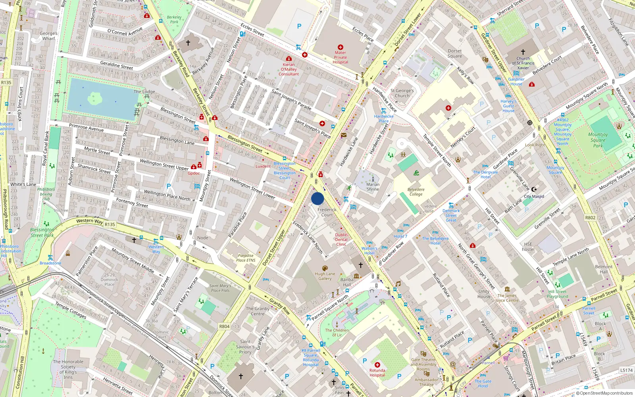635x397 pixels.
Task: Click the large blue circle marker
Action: (317, 198)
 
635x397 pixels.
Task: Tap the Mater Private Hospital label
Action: (340, 57)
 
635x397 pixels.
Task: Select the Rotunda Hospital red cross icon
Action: (377, 364)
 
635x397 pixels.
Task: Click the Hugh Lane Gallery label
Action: (325, 276)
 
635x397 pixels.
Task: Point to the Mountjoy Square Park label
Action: (598, 140)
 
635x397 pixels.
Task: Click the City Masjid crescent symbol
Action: (534, 189)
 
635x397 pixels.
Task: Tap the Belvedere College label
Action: (416, 192)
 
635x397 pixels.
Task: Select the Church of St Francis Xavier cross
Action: (523, 52)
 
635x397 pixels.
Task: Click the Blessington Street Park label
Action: (42, 233)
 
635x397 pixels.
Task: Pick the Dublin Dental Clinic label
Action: (341, 239)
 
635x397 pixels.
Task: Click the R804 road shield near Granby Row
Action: (224, 326)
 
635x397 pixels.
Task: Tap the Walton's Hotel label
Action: (369, 251)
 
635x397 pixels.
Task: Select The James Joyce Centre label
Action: (507, 298)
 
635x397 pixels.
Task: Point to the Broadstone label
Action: (50, 263)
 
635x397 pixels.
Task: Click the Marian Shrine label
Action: (373, 187)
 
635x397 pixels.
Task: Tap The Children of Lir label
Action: (337, 333)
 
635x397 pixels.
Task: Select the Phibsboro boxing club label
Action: (46, 194)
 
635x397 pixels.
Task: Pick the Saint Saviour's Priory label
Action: (245, 347)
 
